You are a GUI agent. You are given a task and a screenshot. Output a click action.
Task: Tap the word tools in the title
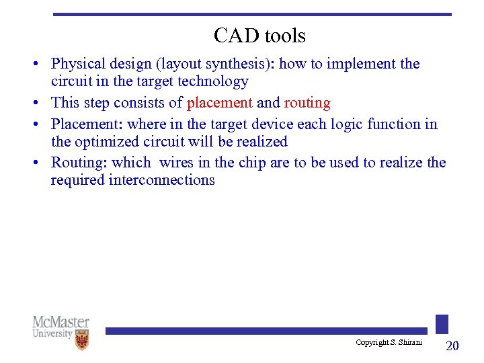[284, 35]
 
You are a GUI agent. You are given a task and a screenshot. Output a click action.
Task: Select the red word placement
[220, 103]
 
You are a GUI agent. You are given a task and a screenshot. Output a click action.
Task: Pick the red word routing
[307, 103]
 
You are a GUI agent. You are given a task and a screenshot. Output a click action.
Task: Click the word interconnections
[161, 180]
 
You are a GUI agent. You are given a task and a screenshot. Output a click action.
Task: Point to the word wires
[176, 163]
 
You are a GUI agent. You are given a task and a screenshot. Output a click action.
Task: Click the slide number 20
[452, 346]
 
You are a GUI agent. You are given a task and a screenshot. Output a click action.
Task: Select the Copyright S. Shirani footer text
[389, 343]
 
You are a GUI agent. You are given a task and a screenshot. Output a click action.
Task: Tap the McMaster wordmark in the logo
[61, 322]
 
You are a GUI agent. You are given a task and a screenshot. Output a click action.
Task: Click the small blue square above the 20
[442, 324]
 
